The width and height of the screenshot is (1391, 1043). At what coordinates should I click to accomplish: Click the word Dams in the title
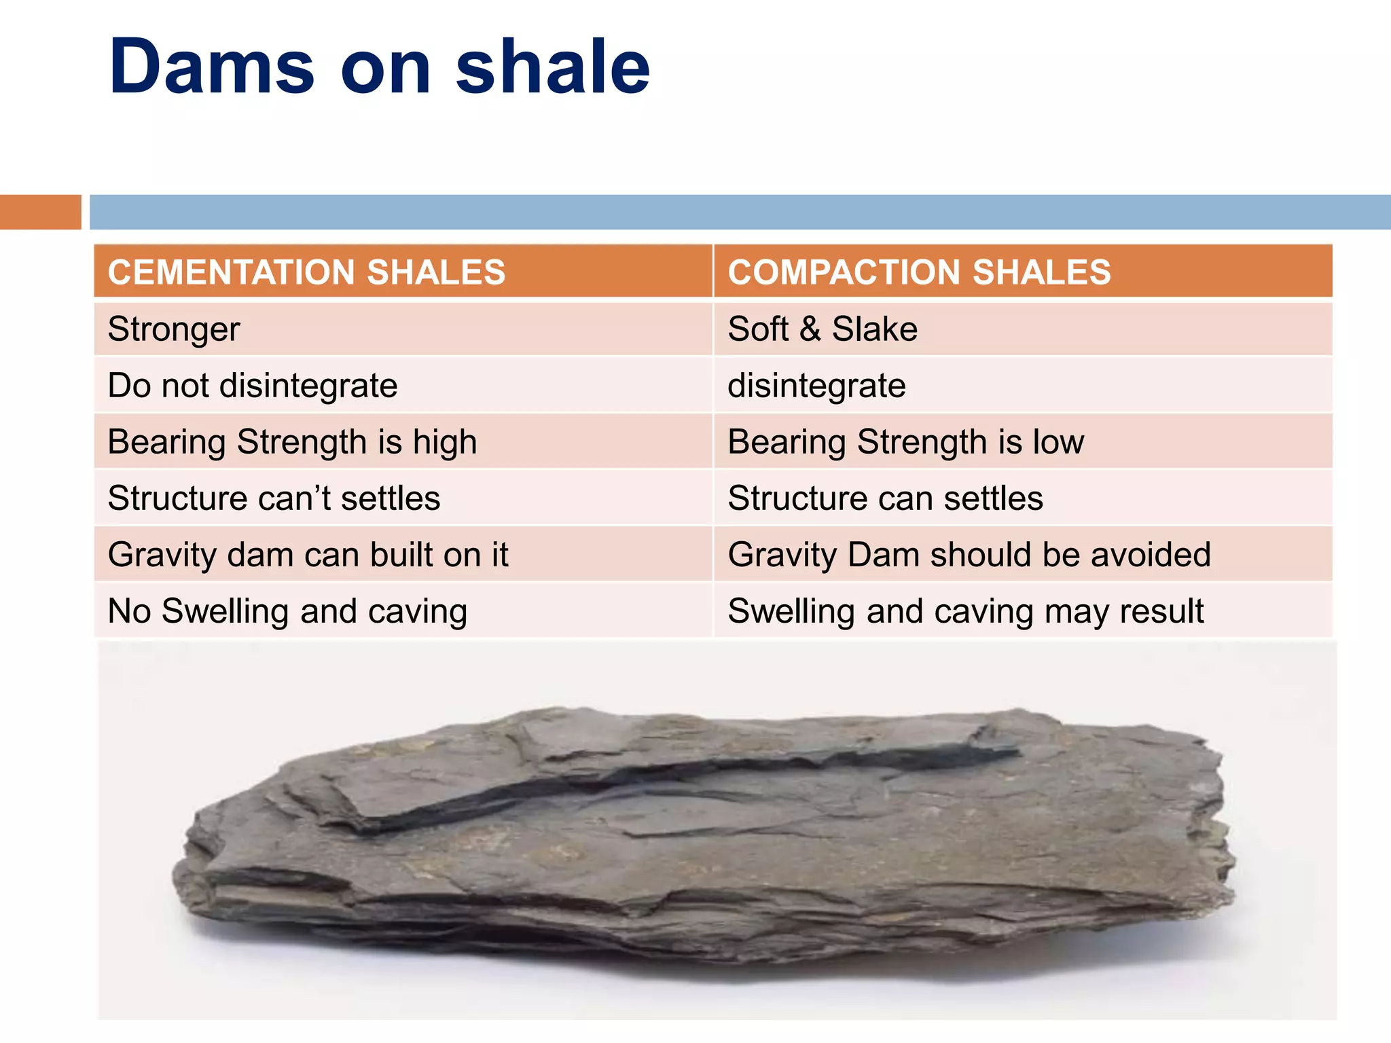click(x=211, y=67)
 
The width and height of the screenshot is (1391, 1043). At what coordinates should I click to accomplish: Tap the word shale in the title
click(x=552, y=67)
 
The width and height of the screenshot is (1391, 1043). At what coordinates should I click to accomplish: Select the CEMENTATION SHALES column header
click(x=306, y=272)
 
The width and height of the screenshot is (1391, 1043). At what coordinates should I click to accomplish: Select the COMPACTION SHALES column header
click(x=919, y=272)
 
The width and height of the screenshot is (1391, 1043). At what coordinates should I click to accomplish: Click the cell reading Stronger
click(x=174, y=329)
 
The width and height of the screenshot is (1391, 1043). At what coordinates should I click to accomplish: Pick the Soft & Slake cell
click(x=823, y=329)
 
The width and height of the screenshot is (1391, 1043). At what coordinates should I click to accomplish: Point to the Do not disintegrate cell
click(x=253, y=386)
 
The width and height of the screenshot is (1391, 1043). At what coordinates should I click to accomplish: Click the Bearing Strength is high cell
click(x=292, y=442)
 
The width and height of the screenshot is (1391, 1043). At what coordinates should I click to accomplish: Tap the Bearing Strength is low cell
click(x=905, y=442)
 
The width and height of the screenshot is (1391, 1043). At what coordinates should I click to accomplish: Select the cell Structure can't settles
click(x=274, y=498)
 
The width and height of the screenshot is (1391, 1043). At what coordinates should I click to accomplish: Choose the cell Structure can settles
click(x=885, y=498)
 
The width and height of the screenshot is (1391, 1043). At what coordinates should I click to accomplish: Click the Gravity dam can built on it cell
click(x=308, y=555)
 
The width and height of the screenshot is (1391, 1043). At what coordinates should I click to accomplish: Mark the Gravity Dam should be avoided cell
click(x=969, y=555)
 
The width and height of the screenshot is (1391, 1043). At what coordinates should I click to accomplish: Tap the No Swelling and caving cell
click(x=287, y=611)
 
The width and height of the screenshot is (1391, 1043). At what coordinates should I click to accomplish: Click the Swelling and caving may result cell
click(x=965, y=611)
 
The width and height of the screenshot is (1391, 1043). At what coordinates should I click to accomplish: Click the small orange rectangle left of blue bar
click(x=40, y=212)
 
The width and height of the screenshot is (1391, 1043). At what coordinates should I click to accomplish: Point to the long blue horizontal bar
click(x=740, y=212)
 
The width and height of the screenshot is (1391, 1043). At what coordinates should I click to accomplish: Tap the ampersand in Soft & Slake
click(x=810, y=329)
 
